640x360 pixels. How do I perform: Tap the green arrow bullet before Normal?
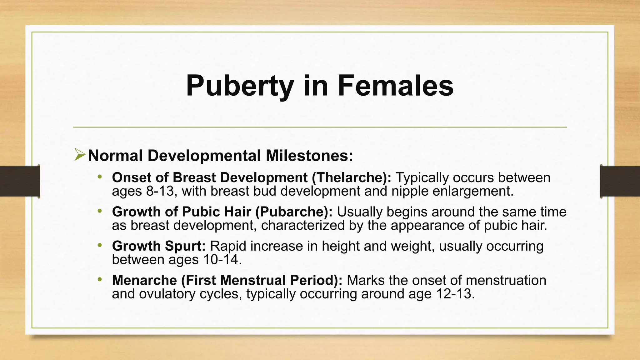coord(80,155)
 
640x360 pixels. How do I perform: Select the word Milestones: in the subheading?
coord(309,156)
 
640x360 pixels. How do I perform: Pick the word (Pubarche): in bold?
coord(294,212)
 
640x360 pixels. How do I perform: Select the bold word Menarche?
coord(145,280)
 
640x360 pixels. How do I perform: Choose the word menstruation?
coord(506,280)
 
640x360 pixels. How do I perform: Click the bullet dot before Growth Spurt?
coord(100,245)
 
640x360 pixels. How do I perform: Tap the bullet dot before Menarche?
coord(100,279)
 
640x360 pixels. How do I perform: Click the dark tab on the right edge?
coord(620,181)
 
